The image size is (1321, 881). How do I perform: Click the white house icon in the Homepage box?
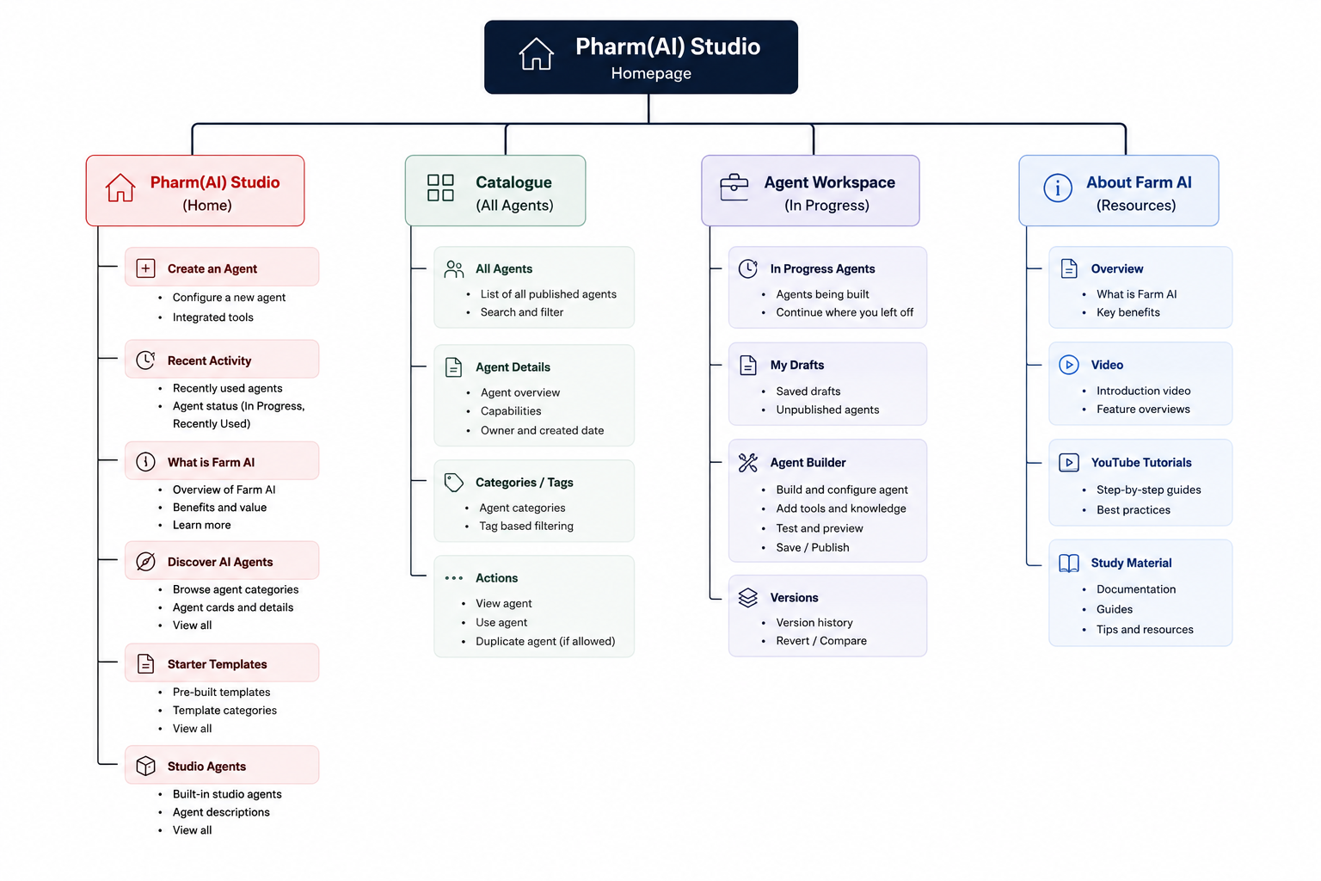click(536, 54)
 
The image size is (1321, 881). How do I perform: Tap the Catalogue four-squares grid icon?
click(440, 188)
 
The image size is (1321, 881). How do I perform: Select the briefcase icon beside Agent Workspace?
click(734, 187)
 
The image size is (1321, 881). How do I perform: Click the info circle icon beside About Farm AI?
click(1057, 188)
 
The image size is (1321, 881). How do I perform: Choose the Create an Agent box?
click(222, 268)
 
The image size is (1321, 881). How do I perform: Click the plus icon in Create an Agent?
click(145, 268)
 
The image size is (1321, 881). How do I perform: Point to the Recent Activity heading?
click(209, 360)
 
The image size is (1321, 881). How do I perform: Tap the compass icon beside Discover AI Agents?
click(145, 561)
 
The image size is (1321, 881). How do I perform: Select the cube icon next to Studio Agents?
click(145, 766)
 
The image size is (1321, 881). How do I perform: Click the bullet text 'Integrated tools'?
click(213, 317)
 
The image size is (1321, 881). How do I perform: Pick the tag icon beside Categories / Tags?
click(453, 482)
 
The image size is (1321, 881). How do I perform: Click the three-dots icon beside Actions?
click(453, 577)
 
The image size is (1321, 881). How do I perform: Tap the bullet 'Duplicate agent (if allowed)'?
click(545, 641)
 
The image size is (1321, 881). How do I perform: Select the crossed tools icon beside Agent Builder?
click(747, 463)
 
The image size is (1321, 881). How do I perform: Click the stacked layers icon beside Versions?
click(747, 598)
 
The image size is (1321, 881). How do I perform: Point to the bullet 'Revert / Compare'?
click(821, 640)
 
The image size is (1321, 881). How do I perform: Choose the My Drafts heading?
click(796, 365)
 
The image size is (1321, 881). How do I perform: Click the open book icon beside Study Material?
click(1069, 563)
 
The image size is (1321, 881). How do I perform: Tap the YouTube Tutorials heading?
click(1141, 463)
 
